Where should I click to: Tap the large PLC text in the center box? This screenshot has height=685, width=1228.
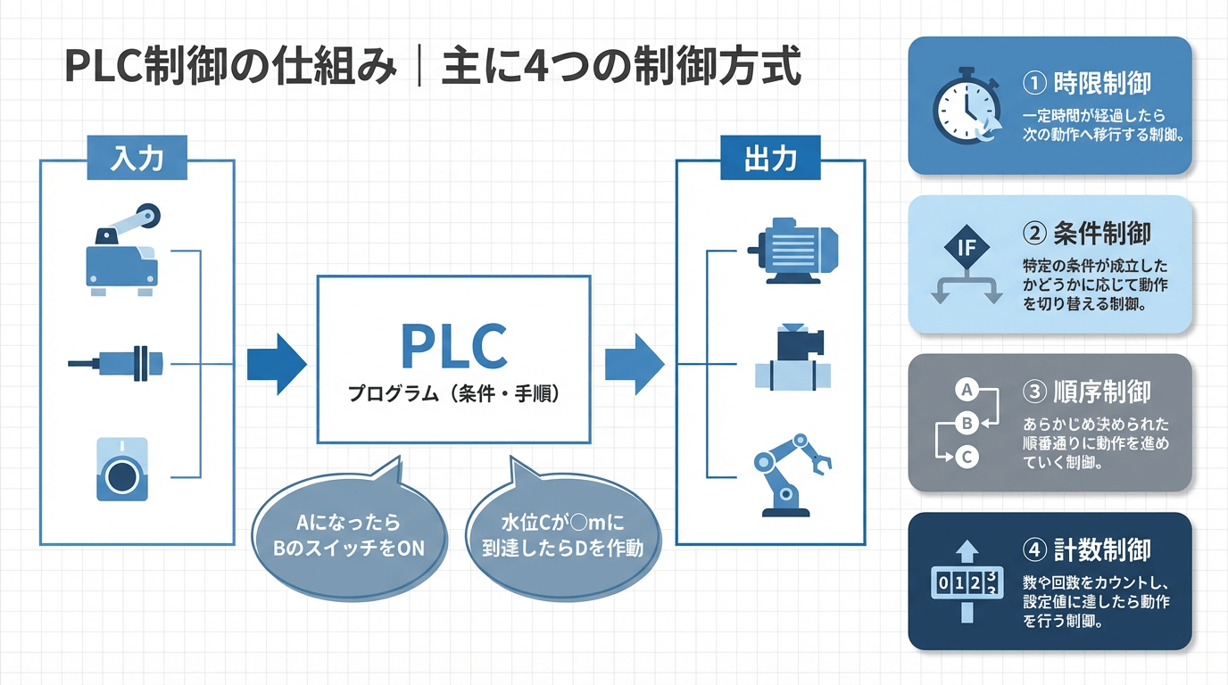(453, 346)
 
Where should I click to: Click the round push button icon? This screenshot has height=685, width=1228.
(120, 470)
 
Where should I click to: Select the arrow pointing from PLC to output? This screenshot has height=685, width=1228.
(635, 363)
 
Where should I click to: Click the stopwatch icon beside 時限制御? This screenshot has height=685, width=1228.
(965, 107)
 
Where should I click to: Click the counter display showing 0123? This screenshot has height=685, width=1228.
(967, 583)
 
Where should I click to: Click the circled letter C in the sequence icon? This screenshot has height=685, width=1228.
(967, 457)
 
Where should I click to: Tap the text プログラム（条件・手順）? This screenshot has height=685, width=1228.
(453, 392)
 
